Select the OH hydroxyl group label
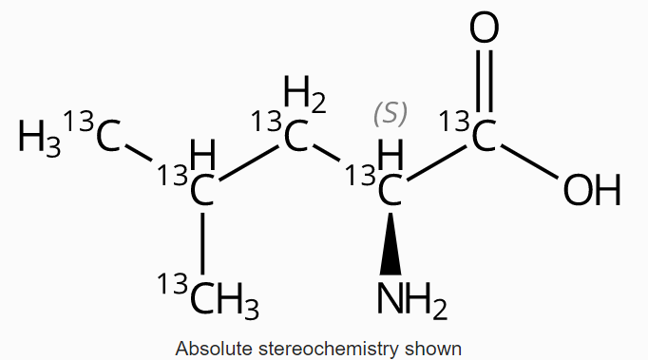(x=591, y=191)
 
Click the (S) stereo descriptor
(x=390, y=113)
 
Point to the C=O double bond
(x=485, y=83)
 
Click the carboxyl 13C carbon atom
(x=484, y=136)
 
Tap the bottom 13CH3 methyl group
(x=214, y=300)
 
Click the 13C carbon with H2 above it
(x=295, y=138)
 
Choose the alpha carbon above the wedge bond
(x=389, y=189)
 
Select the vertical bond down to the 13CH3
(x=201, y=242)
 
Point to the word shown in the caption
(x=439, y=349)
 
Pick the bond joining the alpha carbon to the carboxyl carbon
(x=437, y=161)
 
